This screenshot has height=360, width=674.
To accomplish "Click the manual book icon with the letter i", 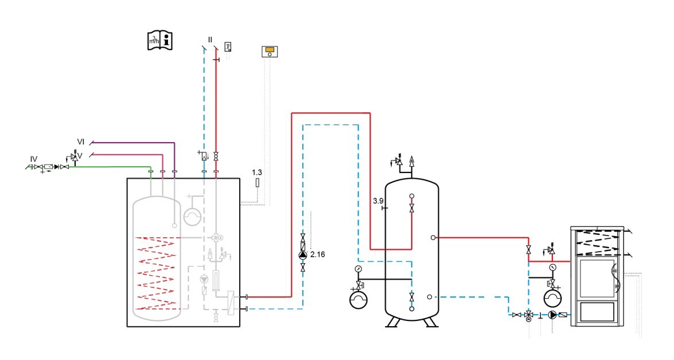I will (159, 40).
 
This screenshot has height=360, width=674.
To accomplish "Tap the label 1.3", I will (257, 172).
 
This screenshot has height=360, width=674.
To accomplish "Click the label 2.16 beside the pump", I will (317, 254).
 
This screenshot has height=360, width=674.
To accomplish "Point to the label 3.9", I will (378, 201).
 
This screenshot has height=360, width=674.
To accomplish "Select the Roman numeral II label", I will (211, 40).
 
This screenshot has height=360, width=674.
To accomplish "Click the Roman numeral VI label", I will (81, 141).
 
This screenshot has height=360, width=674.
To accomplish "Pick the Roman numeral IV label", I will (34, 158).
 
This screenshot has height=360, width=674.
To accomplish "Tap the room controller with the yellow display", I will (270, 51).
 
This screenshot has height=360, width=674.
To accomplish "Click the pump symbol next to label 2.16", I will (303, 255).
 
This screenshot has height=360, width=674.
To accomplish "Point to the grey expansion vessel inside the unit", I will (192, 216).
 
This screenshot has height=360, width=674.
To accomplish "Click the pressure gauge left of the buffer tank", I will (359, 268).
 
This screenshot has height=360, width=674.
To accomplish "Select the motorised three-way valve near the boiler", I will (528, 315).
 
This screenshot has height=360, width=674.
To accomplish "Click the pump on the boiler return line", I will (552, 315).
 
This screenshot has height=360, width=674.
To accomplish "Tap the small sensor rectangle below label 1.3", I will (257, 183).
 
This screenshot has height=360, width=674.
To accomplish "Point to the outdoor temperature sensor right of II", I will (228, 46).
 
